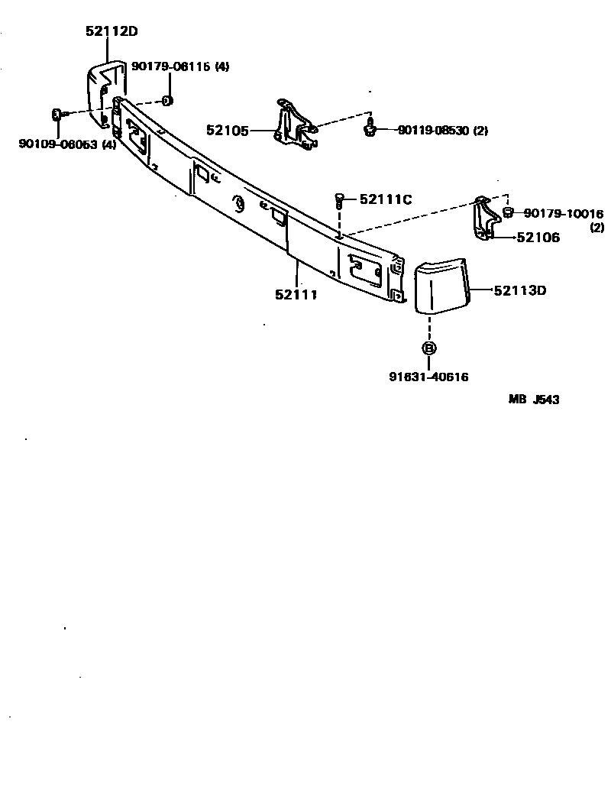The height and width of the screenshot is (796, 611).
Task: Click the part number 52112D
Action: coord(112,31)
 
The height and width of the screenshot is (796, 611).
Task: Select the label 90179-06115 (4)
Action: coord(180,66)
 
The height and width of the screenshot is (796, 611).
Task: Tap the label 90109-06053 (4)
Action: coord(67,144)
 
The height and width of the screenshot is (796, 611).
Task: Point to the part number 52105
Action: coord(228,131)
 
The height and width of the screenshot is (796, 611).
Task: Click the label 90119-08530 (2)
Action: coord(442,131)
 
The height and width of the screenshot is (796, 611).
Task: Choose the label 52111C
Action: coord(386,199)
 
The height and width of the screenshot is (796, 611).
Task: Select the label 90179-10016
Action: coord(564,213)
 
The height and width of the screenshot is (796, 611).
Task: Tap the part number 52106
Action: coord(538,238)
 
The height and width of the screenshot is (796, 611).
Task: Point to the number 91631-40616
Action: coord(428,377)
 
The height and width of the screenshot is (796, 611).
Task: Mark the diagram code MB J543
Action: coord(535,400)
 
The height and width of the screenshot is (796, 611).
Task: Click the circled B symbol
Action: coord(428,348)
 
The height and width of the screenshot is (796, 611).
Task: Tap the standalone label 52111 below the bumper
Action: coord(296,294)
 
